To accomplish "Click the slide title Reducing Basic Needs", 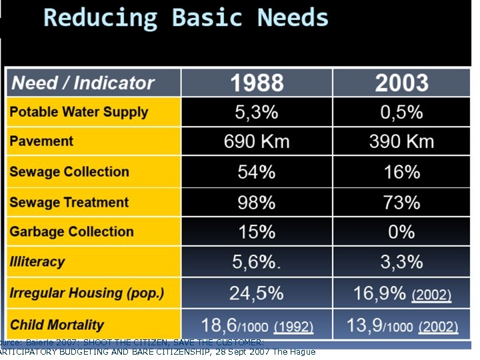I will pos(186,18).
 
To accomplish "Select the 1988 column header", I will pos(257,83).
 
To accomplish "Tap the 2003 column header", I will pos(401,83).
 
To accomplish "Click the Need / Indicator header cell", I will pos(83,83).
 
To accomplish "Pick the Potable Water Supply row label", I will pos(79,112).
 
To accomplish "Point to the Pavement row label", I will pos(41,141).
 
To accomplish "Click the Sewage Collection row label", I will pos(69,172).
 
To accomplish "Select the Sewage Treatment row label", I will pos(69,202).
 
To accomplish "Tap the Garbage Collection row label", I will pos(71,232).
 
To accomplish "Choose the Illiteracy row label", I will pos(37,262).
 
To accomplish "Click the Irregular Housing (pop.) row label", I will pos(87,293).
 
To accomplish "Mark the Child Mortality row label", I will pos(57,325).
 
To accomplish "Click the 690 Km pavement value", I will pos(257,141).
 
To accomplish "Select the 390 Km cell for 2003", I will pos(401,141).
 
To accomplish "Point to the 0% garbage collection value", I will pos(401,232).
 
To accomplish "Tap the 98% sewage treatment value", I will pos(257,202).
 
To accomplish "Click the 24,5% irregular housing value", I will pos(257,293).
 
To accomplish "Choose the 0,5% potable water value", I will pos(401,112).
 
